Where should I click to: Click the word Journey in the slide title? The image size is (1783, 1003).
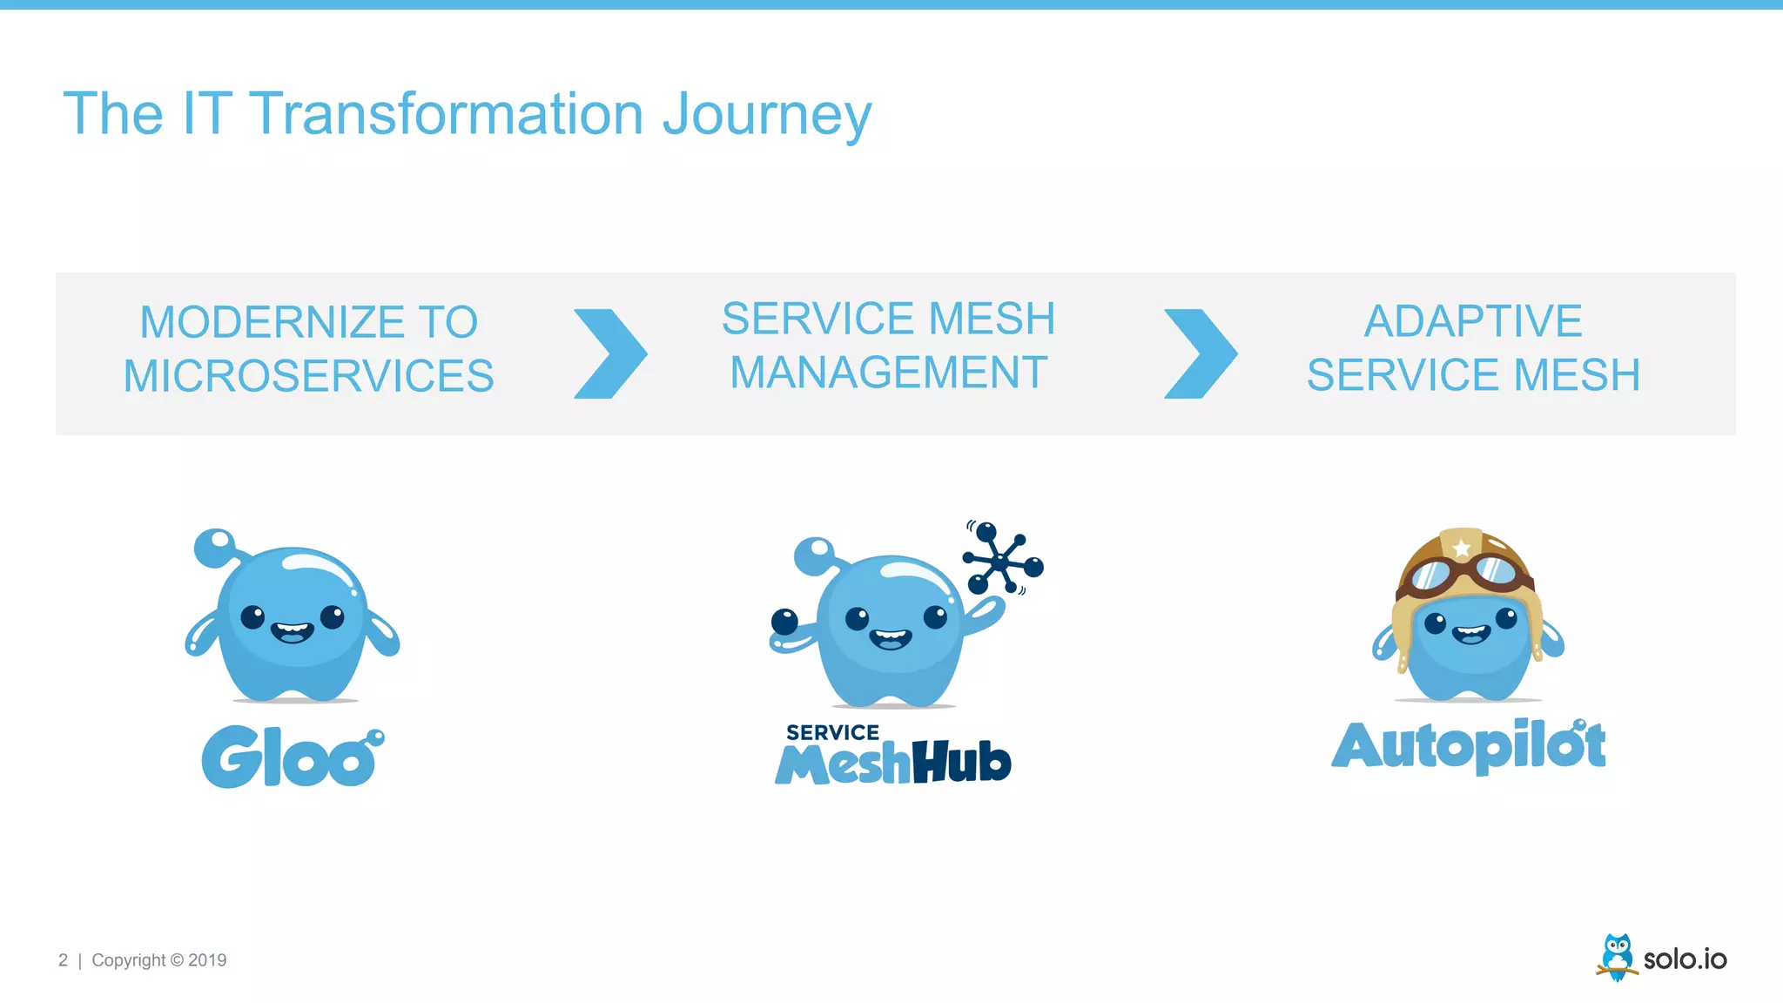click(766, 115)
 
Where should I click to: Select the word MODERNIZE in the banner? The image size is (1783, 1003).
click(272, 322)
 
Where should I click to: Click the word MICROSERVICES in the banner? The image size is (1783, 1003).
click(308, 376)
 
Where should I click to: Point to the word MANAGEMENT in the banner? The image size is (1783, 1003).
click(888, 373)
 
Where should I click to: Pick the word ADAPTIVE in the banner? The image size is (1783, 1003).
click(1472, 320)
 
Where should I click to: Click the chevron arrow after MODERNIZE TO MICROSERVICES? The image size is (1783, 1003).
click(610, 353)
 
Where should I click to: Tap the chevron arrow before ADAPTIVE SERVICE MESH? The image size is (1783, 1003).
click(1201, 353)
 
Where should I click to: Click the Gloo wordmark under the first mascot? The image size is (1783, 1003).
click(292, 757)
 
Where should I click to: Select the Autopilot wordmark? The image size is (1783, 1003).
click(1469, 745)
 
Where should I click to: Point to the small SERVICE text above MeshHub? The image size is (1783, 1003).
click(832, 732)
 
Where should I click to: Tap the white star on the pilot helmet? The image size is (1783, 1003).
click(1462, 549)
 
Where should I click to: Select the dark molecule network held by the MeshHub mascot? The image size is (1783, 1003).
click(1002, 559)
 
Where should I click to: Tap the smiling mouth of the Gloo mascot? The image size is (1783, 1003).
click(293, 631)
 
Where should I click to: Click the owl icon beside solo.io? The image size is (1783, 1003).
click(1618, 957)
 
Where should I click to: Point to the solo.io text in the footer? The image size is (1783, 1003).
click(1685, 959)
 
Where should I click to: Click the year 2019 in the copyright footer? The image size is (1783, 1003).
click(207, 960)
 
